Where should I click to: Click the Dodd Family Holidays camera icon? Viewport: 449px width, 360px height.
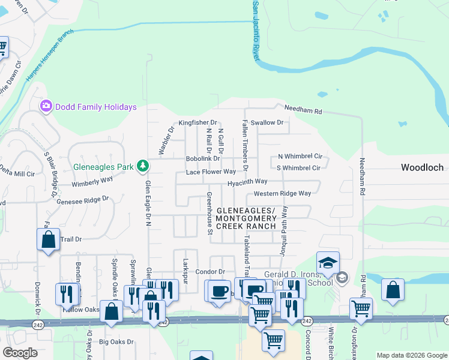point(46,106)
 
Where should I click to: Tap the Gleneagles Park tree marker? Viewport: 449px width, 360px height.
point(142,166)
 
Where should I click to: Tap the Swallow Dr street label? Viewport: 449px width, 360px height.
point(267,122)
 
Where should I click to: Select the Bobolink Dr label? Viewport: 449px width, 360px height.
point(204,158)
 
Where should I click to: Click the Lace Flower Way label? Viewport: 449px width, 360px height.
point(211,172)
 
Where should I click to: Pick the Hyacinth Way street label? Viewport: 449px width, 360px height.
point(247,181)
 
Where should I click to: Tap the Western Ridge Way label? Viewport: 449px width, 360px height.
point(282,193)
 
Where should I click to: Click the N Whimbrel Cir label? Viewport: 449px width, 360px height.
point(300,155)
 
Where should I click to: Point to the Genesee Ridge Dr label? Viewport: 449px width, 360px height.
point(83,200)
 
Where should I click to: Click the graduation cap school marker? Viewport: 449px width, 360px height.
point(328,262)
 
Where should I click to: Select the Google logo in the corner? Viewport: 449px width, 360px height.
point(20,353)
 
